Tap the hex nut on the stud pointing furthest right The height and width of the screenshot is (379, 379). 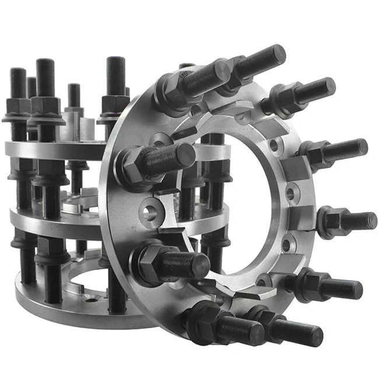tap(332, 220)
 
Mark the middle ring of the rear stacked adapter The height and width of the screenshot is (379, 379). tap(58, 219)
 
